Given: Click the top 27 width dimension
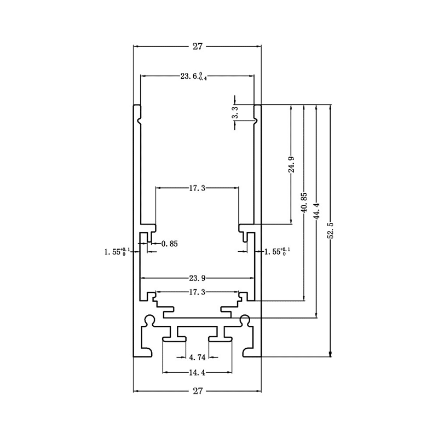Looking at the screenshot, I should (x=197, y=47).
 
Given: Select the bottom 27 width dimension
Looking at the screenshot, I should (x=197, y=391).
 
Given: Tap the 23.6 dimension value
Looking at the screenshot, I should (x=193, y=77).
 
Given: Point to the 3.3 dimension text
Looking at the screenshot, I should (x=235, y=116).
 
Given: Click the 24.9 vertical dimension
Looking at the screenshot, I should (x=291, y=164).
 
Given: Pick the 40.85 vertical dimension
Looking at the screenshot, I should (x=304, y=203).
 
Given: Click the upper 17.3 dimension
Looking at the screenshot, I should (x=197, y=188).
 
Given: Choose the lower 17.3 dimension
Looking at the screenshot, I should (x=197, y=292).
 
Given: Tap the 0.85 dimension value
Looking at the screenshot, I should (x=169, y=244).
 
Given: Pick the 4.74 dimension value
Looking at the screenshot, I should (x=197, y=358).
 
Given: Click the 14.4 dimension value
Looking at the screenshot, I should (x=197, y=373).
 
